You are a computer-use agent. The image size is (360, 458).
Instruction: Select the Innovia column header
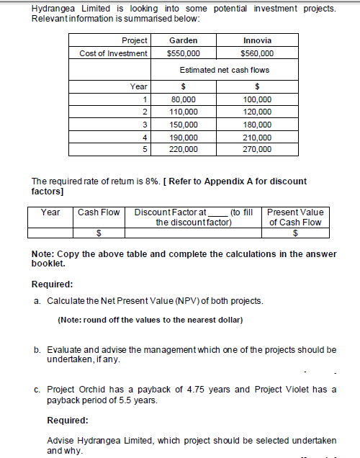click(x=257, y=40)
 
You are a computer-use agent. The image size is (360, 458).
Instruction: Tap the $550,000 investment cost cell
click(x=183, y=53)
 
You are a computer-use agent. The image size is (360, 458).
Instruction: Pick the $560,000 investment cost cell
click(x=257, y=53)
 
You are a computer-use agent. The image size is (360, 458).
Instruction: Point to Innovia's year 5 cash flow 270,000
click(x=258, y=150)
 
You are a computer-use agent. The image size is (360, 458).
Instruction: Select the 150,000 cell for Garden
click(x=183, y=125)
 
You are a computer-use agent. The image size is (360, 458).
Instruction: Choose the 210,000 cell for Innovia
click(x=258, y=137)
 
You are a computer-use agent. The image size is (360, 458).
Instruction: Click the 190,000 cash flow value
click(x=183, y=137)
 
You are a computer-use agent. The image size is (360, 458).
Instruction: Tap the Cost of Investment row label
click(x=114, y=53)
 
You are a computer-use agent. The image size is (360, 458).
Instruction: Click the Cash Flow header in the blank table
click(x=99, y=212)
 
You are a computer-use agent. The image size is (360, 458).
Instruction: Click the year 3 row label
click(x=145, y=125)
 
